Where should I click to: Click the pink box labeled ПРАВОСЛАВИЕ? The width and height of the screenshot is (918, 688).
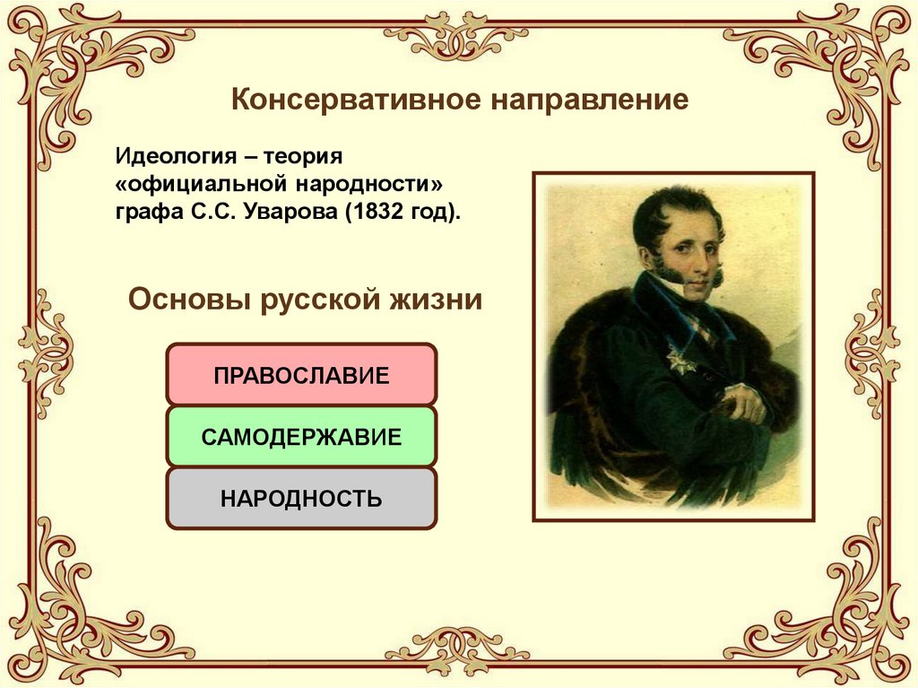click(301, 374)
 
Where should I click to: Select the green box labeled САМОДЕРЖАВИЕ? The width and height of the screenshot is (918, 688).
click(301, 437)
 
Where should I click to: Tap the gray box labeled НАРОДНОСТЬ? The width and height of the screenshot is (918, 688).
click(301, 498)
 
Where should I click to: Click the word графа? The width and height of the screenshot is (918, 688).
click(141, 213)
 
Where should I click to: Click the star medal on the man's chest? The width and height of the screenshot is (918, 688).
click(673, 360)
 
